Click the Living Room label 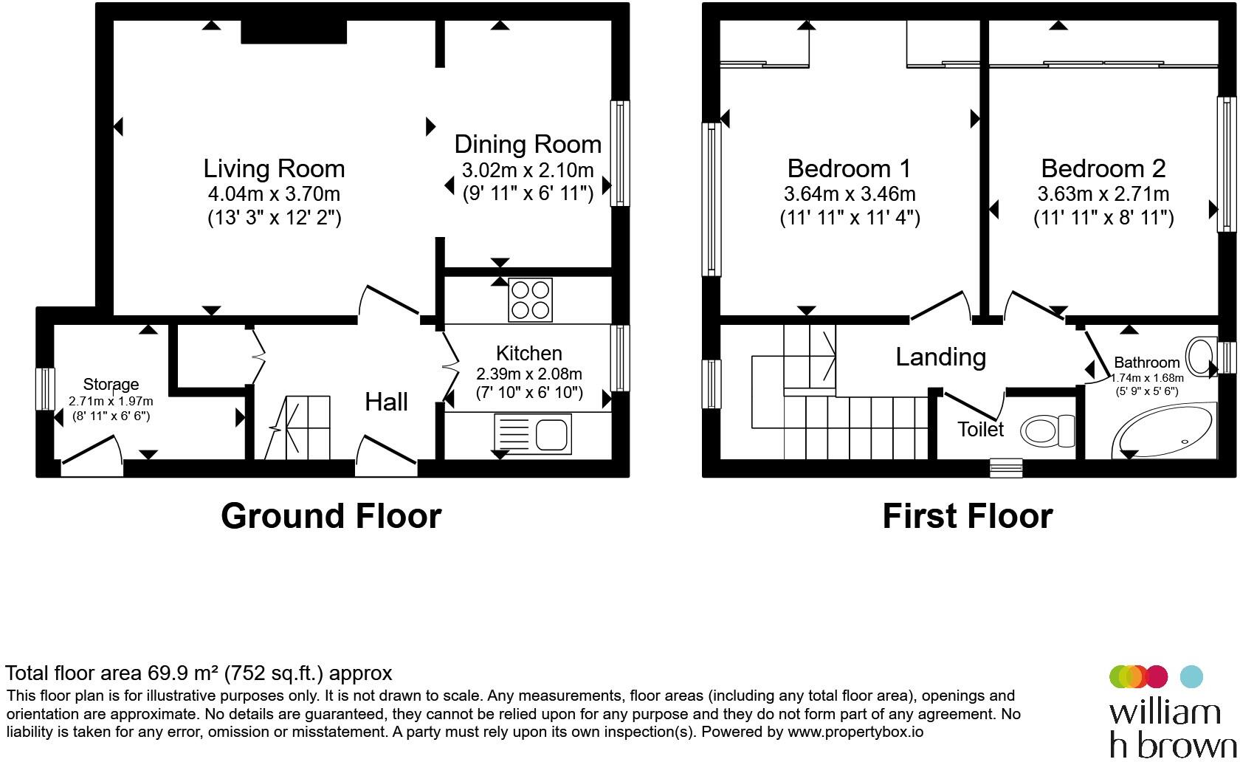click(274, 169)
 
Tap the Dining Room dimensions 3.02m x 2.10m click(528, 170)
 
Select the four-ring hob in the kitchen click(530, 300)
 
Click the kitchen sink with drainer click(533, 433)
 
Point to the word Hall click(386, 402)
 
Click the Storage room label click(111, 384)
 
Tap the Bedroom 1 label click(849, 168)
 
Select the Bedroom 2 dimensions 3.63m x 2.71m click(1103, 194)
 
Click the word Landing click(940, 357)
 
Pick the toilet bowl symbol click(1047, 430)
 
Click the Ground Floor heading click(331, 516)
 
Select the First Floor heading click(968, 516)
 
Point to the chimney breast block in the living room click(294, 32)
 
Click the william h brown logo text click(1172, 729)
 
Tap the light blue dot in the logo click(1192, 676)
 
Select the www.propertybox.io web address click(855, 732)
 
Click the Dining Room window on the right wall click(620, 153)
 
